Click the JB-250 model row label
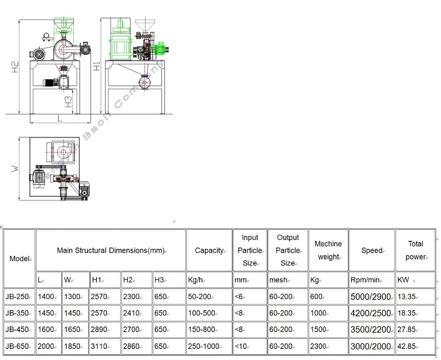(x=18, y=297)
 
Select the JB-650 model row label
(x=18, y=346)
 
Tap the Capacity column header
(x=209, y=251)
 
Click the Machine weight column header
(x=328, y=250)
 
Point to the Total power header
(x=415, y=250)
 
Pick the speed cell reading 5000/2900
(x=371, y=297)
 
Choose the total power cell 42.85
(x=406, y=346)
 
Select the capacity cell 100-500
(x=202, y=313)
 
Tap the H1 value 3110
(x=99, y=346)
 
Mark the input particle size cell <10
(x=241, y=346)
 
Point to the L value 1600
(x=46, y=330)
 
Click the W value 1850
(x=73, y=346)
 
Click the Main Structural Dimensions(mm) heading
(x=111, y=251)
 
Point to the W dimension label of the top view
(x=15, y=169)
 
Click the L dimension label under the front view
(x=60, y=118)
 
